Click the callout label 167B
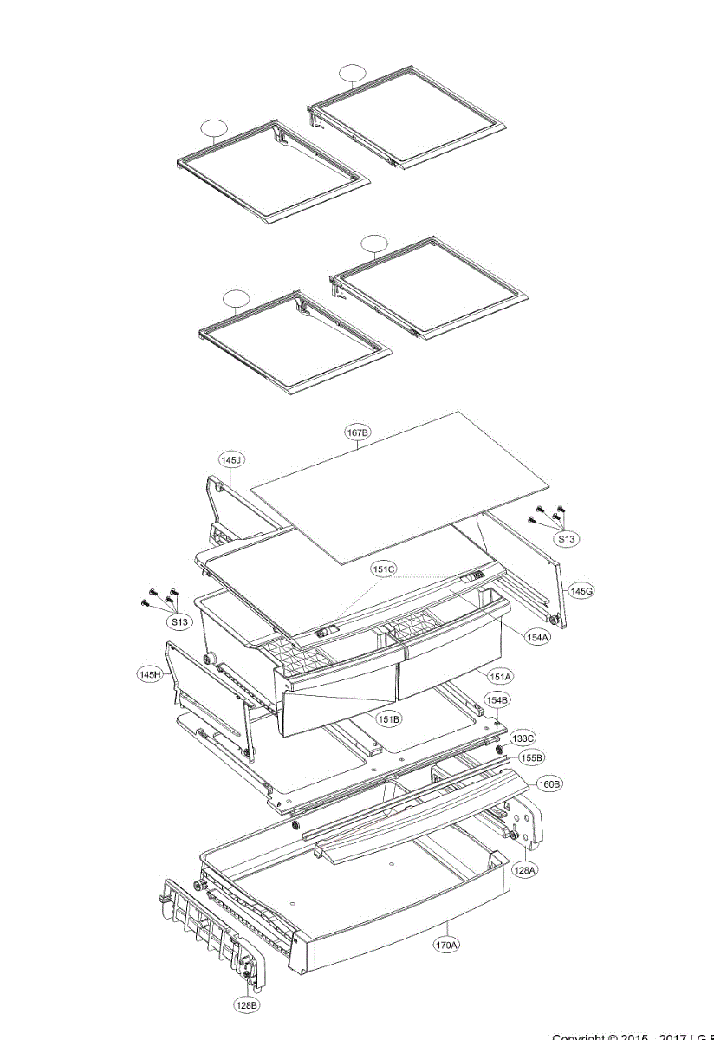pyautogui.click(x=358, y=431)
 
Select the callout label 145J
pyautogui.click(x=230, y=459)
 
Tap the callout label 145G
pyautogui.click(x=581, y=590)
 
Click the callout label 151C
pyautogui.click(x=384, y=569)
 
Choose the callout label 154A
pyautogui.click(x=537, y=637)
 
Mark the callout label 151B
pyautogui.click(x=388, y=718)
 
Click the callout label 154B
pyautogui.click(x=497, y=699)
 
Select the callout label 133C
pyautogui.click(x=523, y=738)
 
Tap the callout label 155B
pyautogui.click(x=532, y=757)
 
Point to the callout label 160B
pyautogui.click(x=550, y=783)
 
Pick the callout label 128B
pyautogui.click(x=246, y=1005)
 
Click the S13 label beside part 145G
pyautogui.click(x=566, y=539)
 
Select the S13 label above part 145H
pyautogui.click(x=179, y=621)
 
